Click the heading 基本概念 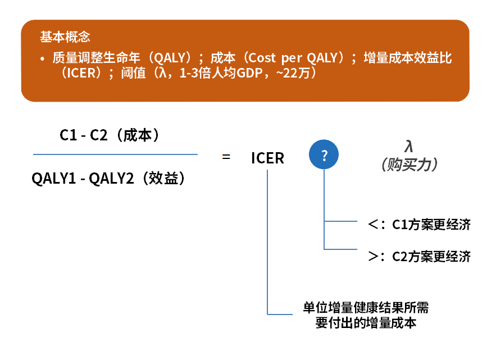pos(65,37)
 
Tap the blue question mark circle pos(324,154)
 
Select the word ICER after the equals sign pos(267,158)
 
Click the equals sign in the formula pos(226,157)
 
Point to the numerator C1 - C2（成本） pos(109,135)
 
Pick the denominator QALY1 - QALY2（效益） pos(108,178)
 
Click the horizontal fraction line pos(116,154)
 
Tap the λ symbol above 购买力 pos(409,146)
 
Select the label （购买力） pos(409,165)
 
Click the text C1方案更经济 pos(431,225)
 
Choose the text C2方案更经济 pos(431,256)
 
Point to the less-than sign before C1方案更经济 pos(373,224)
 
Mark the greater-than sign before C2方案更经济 pos(373,256)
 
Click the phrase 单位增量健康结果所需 pos(366,307)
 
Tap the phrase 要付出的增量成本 pos(366,323)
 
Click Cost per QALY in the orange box pos(293,58)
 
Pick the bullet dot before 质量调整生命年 pos(42,58)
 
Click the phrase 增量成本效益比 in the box pos(407,58)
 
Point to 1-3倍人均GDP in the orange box pos(221,73)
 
